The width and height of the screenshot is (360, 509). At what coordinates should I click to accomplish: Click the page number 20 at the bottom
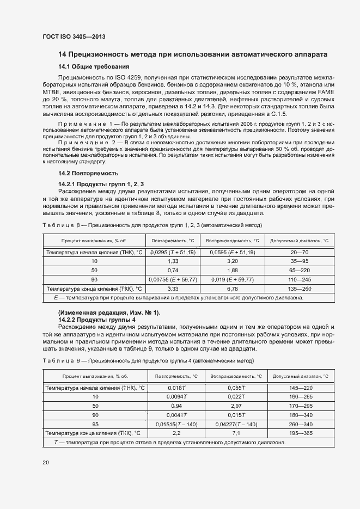[x=45, y=463]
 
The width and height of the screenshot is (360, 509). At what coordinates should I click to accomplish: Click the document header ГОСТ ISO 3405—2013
[x=74, y=36]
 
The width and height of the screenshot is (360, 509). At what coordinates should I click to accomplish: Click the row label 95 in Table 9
[x=95, y=424]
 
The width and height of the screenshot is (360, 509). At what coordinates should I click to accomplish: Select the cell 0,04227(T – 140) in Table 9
[x=236, y=424]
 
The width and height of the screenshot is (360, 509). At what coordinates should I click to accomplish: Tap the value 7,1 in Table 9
[x=236, y=433]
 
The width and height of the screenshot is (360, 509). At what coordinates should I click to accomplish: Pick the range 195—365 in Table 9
[x=301, y=433]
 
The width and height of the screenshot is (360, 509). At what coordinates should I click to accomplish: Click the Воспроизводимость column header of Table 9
[x=236, y=376]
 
